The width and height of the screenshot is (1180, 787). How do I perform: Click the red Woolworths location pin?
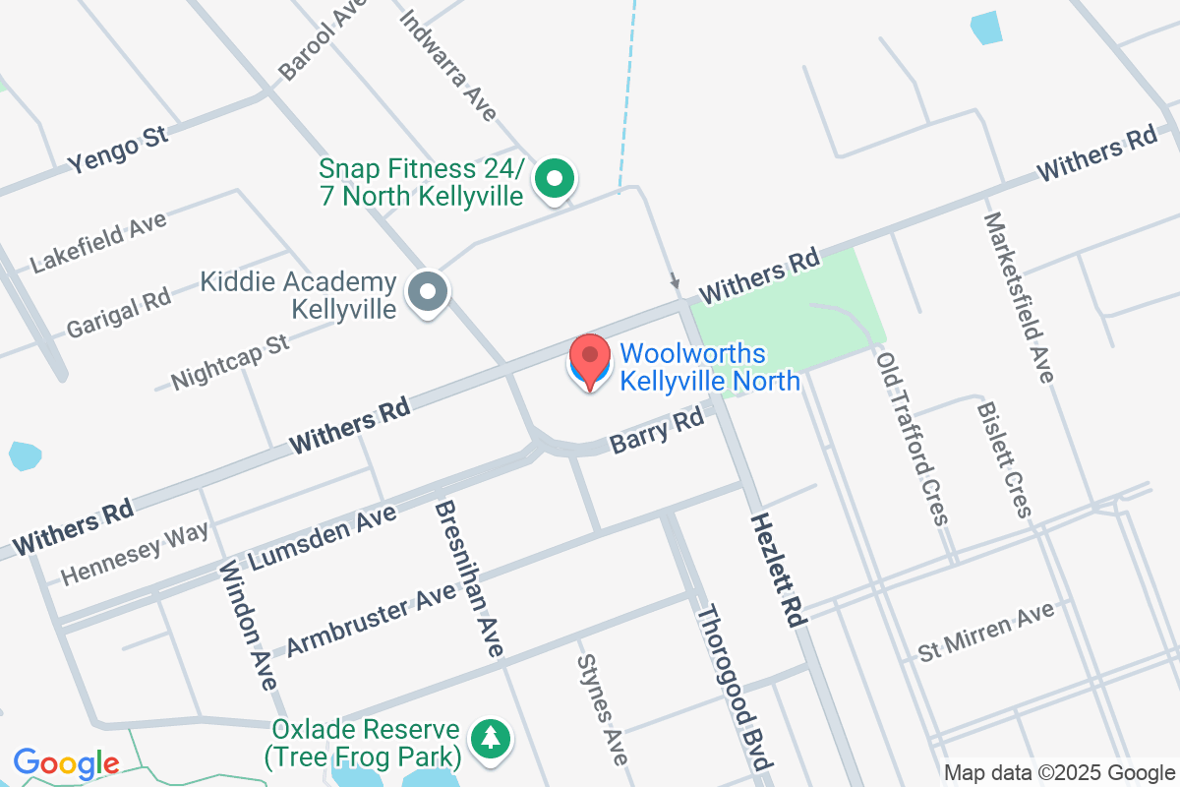(x=590, y=360)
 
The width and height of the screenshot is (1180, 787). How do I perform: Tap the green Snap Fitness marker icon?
(x=555, y=180)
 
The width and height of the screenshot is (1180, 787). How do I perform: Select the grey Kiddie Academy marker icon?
(x=429, y=292)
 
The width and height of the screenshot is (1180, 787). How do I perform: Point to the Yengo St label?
(x=118, y=150)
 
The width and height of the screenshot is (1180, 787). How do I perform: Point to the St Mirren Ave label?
(x=986, y=633)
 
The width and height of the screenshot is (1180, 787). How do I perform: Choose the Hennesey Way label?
(x=135, y=553)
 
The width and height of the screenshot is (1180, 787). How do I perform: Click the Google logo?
(x=66, y=763)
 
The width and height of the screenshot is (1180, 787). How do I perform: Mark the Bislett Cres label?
(x=1004, y=458)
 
